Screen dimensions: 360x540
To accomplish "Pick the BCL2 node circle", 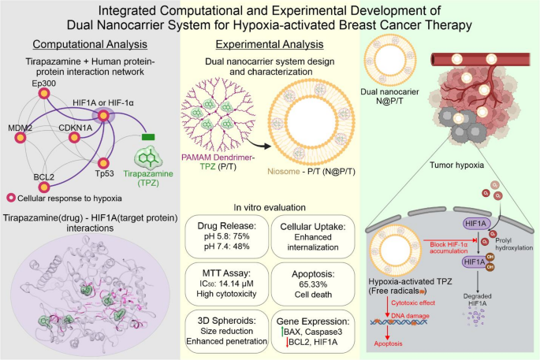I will coord(44,187).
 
